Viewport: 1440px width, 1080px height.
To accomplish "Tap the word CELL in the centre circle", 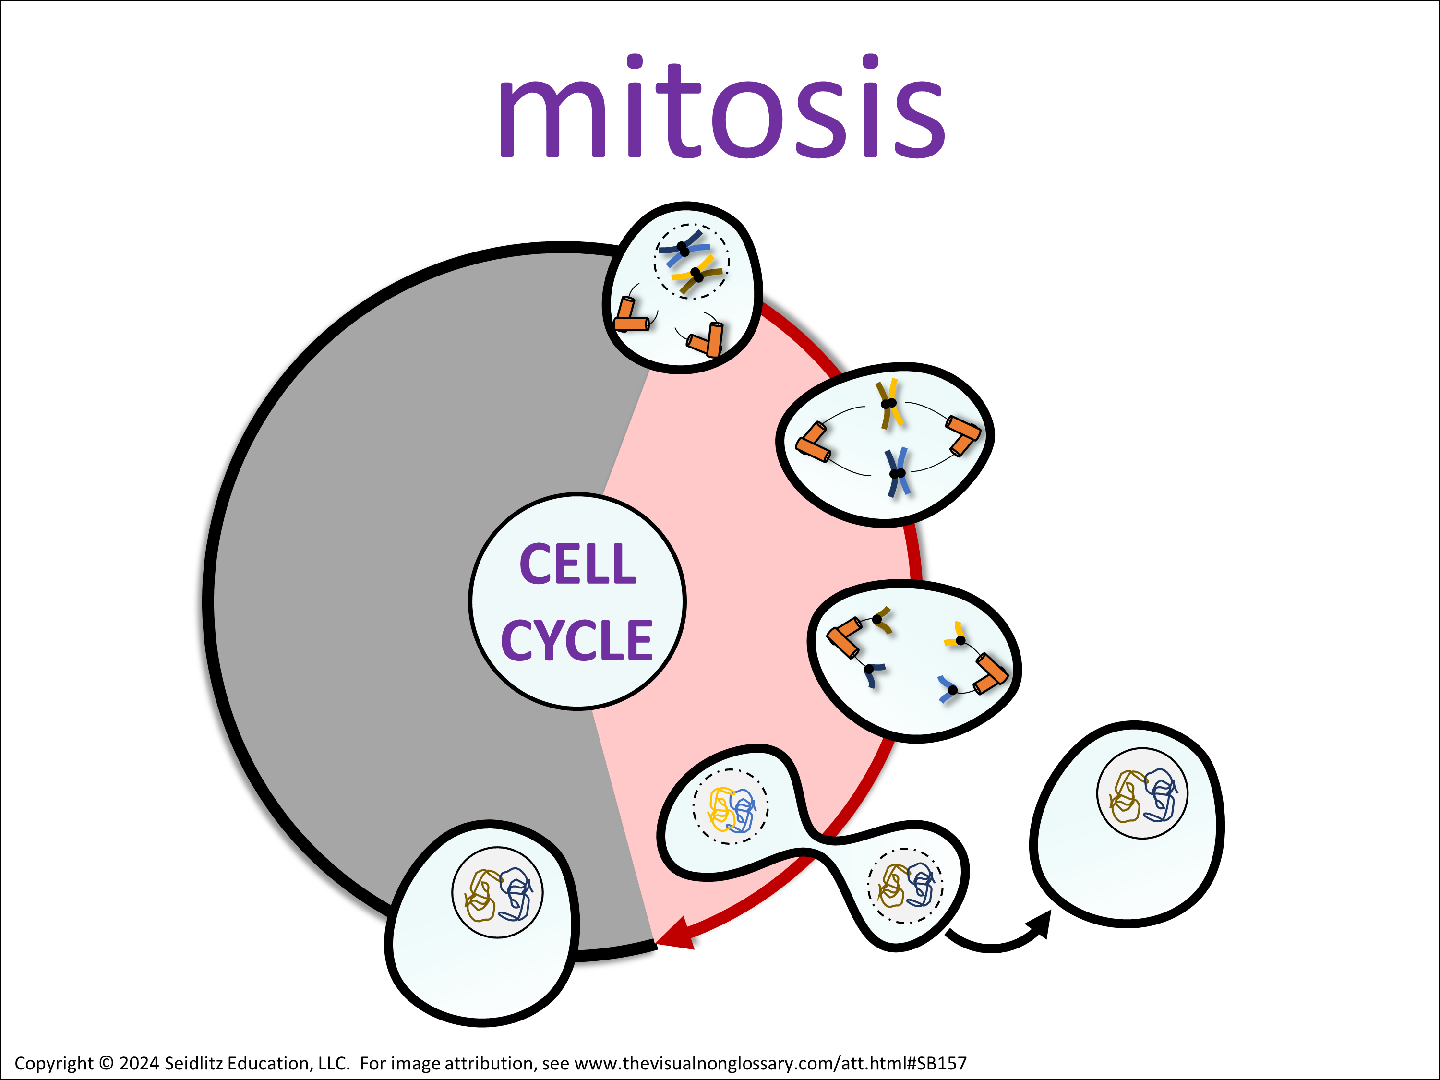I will (577, 564).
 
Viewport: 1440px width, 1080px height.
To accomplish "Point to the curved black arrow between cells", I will (996, 938).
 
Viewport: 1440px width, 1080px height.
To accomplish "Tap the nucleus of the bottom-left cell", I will (497, 892).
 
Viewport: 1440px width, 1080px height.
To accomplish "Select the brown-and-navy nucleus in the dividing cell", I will (905, 885).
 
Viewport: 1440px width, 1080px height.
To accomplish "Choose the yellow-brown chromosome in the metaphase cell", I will (889, 404).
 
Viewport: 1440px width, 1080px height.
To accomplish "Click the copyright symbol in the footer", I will (106, 1064).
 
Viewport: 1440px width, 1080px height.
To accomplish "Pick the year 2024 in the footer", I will (139, 1064).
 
